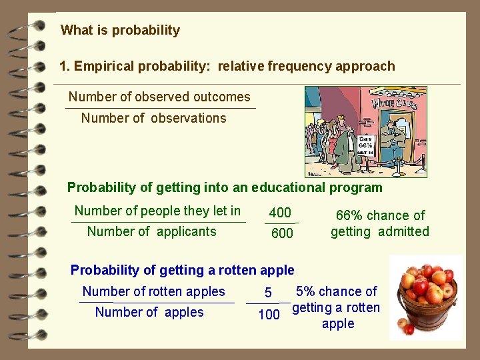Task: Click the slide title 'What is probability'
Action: coord(120,30)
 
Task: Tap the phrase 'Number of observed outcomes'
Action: coord(159,97)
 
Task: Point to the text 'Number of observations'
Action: coord(153,118)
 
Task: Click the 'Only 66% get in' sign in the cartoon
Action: coord(365,145)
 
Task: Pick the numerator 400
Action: coord(280,213)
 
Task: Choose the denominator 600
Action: coord(282,233)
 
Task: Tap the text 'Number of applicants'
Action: coord(151,231)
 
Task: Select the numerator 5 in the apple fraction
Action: coord(268,293)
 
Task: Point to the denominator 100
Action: coord(269,315)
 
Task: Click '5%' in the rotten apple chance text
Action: coord(306,291)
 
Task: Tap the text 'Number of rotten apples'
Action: coord(153,291)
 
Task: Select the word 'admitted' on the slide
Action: coord(403,231)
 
